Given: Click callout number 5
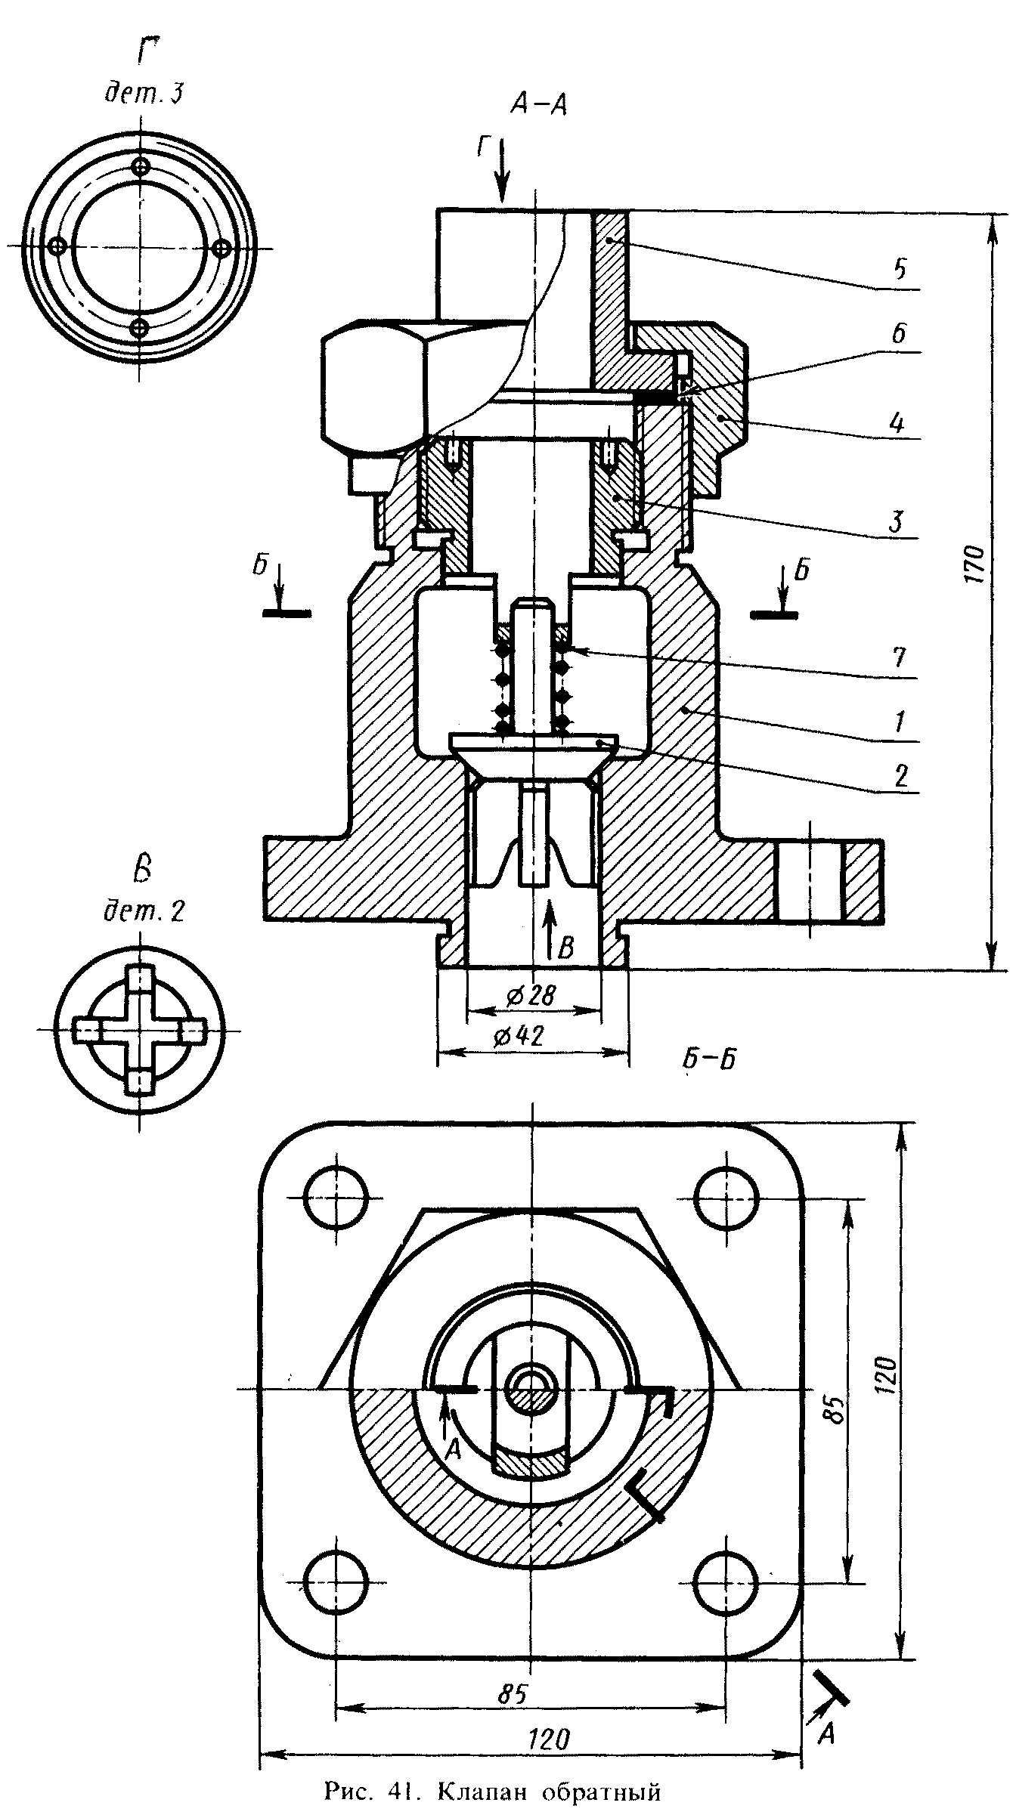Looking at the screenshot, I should pos(898,270).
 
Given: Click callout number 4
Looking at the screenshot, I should pos(898,422).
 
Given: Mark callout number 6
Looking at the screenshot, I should pos(898,334).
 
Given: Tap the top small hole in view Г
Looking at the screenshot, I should pos(141,167).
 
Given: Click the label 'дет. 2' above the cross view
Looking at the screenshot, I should pos(144,911).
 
